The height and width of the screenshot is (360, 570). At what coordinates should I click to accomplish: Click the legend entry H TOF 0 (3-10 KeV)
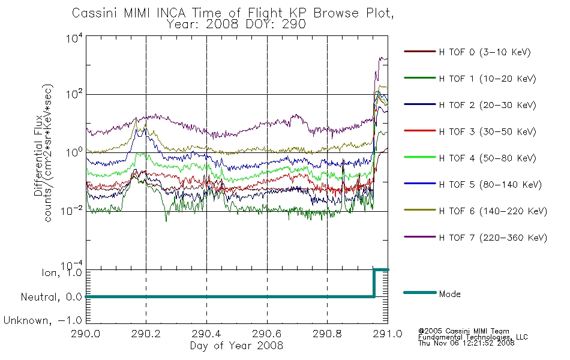485,52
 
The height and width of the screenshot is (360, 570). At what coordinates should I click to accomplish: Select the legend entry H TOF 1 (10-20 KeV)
487,79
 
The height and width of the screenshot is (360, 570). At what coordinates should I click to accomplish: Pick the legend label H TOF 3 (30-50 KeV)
487,131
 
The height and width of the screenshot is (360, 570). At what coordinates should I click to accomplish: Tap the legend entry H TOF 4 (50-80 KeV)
487,158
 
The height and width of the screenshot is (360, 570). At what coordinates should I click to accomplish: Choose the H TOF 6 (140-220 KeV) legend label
493,211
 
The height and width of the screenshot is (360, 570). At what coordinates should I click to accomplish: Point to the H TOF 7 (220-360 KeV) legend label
493,238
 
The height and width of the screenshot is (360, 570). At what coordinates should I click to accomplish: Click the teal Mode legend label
449,294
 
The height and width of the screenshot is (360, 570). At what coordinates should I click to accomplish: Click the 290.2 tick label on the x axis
146,334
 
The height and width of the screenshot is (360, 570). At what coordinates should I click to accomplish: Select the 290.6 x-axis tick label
267,334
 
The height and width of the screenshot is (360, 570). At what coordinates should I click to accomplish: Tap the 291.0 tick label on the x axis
388,334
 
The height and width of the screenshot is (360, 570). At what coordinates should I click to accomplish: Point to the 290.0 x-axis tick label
85,334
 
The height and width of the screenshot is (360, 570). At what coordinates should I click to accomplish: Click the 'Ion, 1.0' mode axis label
61,273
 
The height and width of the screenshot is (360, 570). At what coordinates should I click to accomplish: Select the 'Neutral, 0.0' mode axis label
51,297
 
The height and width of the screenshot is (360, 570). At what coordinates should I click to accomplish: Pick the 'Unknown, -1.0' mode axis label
43,320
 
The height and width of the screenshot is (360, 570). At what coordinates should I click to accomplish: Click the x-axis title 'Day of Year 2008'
236,346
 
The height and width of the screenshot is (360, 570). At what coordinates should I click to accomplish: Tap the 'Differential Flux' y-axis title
38,155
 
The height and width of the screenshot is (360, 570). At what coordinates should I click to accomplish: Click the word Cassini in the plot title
95,13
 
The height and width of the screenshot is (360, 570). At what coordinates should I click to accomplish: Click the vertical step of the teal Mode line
374,283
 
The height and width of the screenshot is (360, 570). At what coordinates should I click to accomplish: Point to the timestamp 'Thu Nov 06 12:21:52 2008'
466,343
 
